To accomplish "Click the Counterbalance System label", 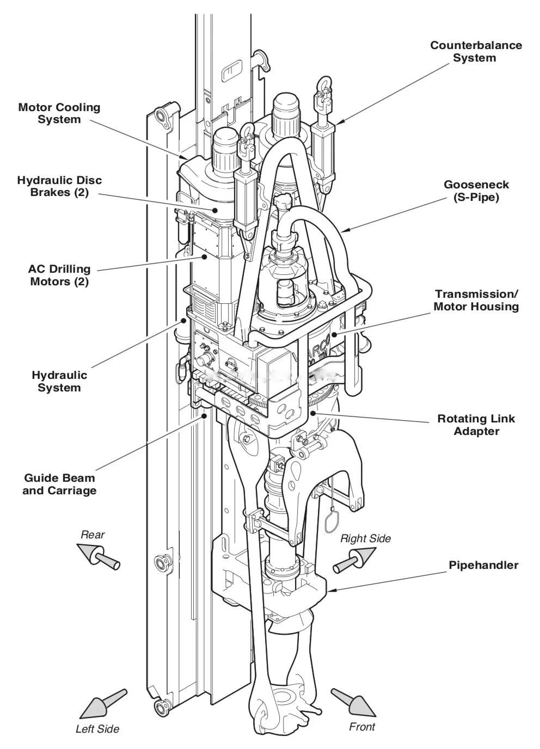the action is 476,52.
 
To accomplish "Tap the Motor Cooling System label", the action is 59,113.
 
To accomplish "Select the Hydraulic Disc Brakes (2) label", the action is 59,186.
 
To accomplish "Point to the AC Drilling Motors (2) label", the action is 59,275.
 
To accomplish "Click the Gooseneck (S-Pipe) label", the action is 476,191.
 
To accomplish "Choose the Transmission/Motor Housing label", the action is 476,300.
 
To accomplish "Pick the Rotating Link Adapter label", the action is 476,425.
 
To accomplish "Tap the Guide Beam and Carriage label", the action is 59,484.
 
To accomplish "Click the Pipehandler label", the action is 483,565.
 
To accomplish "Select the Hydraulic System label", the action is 59,381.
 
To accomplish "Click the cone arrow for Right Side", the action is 355,560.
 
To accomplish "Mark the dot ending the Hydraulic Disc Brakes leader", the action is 216,210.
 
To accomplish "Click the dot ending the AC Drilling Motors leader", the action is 204,257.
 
